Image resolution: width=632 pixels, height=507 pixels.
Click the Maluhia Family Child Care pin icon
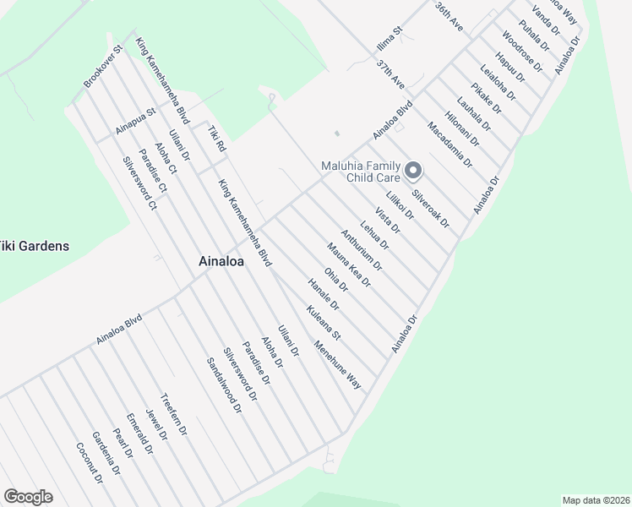click(413, 171)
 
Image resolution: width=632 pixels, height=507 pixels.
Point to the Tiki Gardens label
click(35, 246)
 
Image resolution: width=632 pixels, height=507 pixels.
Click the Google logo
click(28, 496)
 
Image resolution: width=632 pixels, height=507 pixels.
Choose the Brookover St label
click(104, 67)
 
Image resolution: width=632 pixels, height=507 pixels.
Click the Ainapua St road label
click(136, 122)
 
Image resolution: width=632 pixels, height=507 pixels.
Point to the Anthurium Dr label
click(362, 250)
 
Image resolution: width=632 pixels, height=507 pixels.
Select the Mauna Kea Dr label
click(348, 264)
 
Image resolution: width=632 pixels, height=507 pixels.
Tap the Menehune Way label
click(337, 364)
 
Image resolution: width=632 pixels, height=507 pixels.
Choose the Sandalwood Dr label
click(224, 384)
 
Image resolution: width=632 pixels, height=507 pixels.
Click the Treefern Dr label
click(173, 414)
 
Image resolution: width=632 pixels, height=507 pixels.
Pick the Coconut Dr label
click(89, 464)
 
